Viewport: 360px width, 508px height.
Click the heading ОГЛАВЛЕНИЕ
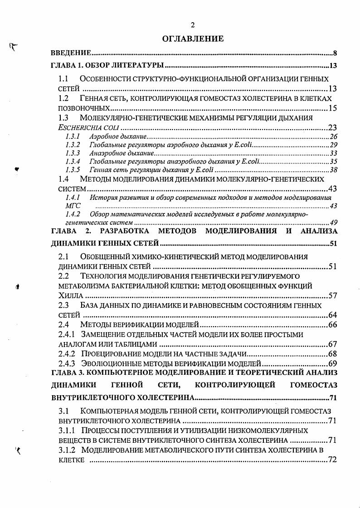(193, 39)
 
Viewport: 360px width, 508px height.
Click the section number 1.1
(63, 78)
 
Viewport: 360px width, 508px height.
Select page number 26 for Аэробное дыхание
(333, 136)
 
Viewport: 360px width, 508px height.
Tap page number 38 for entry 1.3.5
(333, 170)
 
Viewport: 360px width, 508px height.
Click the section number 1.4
(63, 179)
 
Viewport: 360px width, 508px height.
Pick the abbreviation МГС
(73, 206)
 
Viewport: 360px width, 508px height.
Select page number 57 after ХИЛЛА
(332, 295)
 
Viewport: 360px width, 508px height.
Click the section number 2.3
(63, 305)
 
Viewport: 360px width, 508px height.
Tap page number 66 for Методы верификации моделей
(332, 324)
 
